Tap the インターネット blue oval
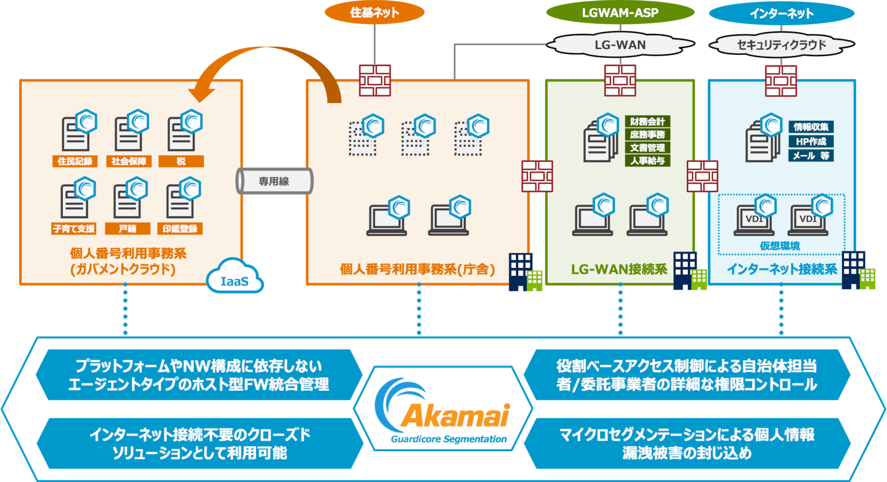pos(782,13)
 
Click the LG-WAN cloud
pos(620,44)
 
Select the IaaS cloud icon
pos(235,277)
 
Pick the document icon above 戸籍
pos(128,201)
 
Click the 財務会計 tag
pos(647,121)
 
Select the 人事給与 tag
pos(647,161)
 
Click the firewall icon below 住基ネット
pos(375,80)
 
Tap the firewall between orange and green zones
pos(537,176)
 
